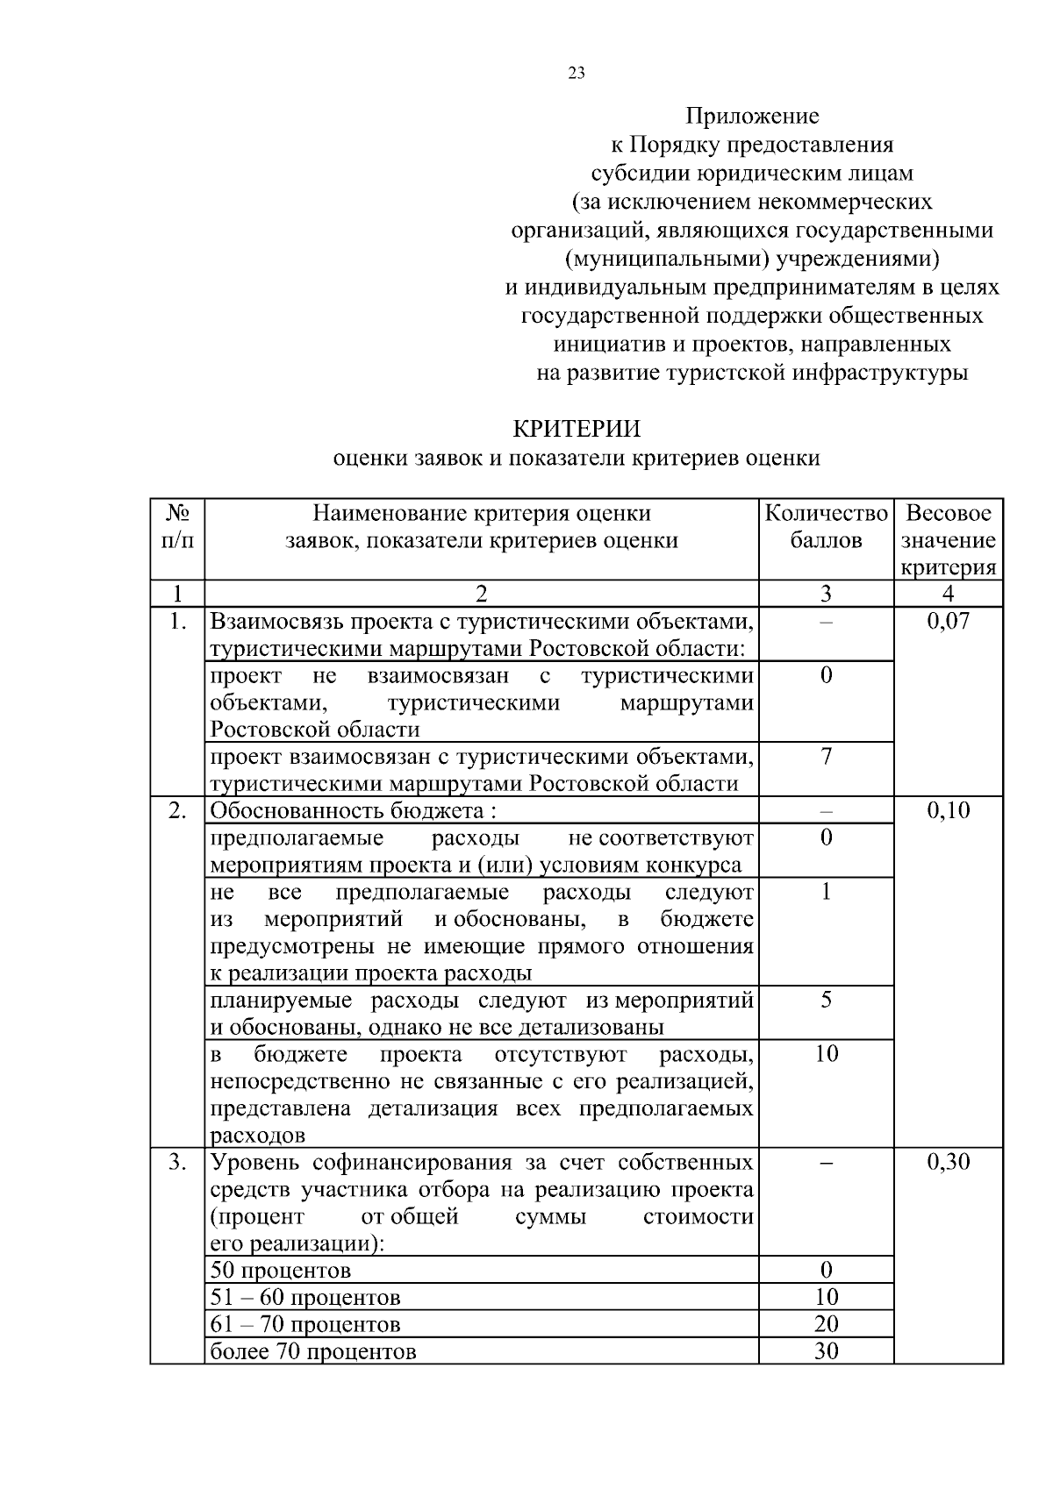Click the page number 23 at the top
[576, 74]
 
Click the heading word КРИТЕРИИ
[576, 429]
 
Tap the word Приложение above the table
[752, 116]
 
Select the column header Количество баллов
[826, 526]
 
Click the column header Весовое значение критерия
[948, 539]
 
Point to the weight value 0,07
[948, 622]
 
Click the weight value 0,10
[948, 810]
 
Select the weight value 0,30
[948, 1163]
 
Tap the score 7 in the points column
[826, 756]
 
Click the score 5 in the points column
[826, 1000]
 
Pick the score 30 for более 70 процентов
[826, 1351]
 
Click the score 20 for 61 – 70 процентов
[826, 1324]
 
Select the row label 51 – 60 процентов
[305, 1298]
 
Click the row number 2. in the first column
[177, 810]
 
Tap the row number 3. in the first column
[177, 1163]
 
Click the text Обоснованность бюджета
[347, 811]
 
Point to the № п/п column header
[177, 526]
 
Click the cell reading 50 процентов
[281, 1271]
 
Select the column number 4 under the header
[948, 594]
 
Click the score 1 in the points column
[826, 892]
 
